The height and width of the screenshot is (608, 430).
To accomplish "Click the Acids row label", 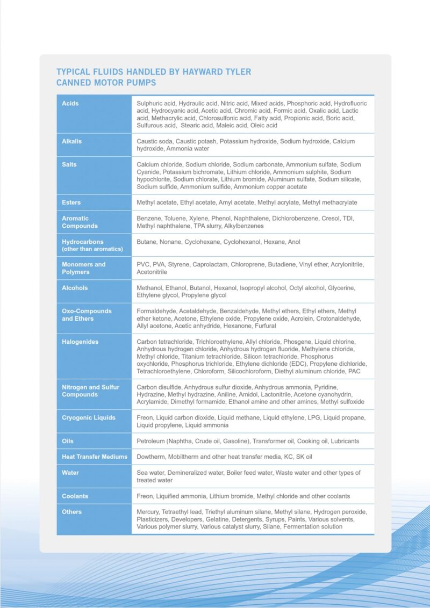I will [x=70, y=103].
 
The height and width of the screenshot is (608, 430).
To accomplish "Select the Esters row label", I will [x=71, y=202].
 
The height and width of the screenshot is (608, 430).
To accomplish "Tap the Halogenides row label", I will [x=80, y=342].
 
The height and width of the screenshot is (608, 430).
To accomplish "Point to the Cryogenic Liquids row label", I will [x=89, y=417].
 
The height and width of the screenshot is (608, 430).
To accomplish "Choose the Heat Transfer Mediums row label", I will [x=95, y=457].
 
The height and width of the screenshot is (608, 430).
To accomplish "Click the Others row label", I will [x=71, y=512].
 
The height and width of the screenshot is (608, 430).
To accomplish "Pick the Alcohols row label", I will [x=75, y=288].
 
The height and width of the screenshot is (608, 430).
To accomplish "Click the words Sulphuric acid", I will [x=156, y=103].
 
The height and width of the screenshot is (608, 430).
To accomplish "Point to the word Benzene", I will [x=148, y=219].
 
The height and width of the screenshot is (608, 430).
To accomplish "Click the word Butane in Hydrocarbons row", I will [x=146, y=242].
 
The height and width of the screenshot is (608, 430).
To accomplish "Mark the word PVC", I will [x=144, y=264].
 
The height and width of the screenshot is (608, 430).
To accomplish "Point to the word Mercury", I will [x=149, y=512].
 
